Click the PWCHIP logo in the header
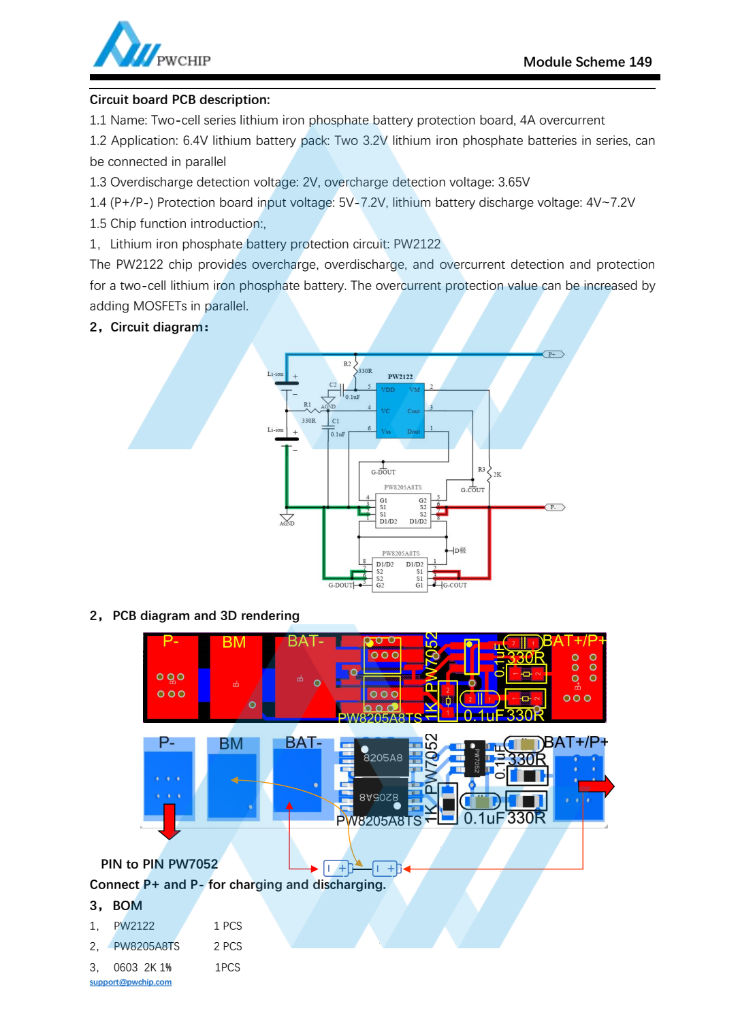(151, 46)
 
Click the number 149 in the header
(640, 62)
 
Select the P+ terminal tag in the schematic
(553, 354)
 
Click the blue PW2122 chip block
(400, 410)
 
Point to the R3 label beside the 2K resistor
(481, 469)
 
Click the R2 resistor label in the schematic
(347, 364)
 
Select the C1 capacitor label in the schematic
(336, 421)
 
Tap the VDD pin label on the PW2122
(388, 390)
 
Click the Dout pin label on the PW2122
(413, 432)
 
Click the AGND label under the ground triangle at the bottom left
(287, 523)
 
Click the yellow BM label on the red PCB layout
(234, 642)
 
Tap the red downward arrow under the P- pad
(169, 822)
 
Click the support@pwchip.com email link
(131, 982)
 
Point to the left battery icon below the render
(338, 868)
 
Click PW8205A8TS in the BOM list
(146, 946)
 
